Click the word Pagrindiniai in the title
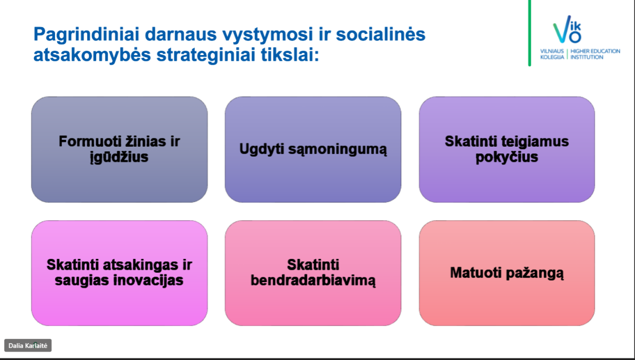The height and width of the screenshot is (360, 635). coord(86,35)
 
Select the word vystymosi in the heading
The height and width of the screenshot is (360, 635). coord(268,35)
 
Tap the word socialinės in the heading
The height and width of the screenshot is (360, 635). coord(380,34)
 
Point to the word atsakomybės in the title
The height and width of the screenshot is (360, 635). coord(92,55)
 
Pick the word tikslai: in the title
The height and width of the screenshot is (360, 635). coord(291,54)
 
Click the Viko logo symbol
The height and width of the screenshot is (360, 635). coord(567,29)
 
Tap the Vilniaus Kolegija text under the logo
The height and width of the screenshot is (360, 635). coord(552,54)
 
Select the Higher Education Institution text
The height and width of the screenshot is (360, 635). coord(595,54)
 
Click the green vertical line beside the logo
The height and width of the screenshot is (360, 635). coord(529,33)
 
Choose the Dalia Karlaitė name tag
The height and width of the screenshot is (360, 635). coord(28,346)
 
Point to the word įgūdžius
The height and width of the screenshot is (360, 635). coord(119,157)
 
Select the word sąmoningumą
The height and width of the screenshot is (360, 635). coord(338,149)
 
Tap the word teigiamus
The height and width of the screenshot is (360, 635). coord(535,141)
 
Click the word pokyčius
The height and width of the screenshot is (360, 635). coord(506,157)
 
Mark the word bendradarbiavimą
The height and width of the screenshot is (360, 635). coord(313,281)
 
